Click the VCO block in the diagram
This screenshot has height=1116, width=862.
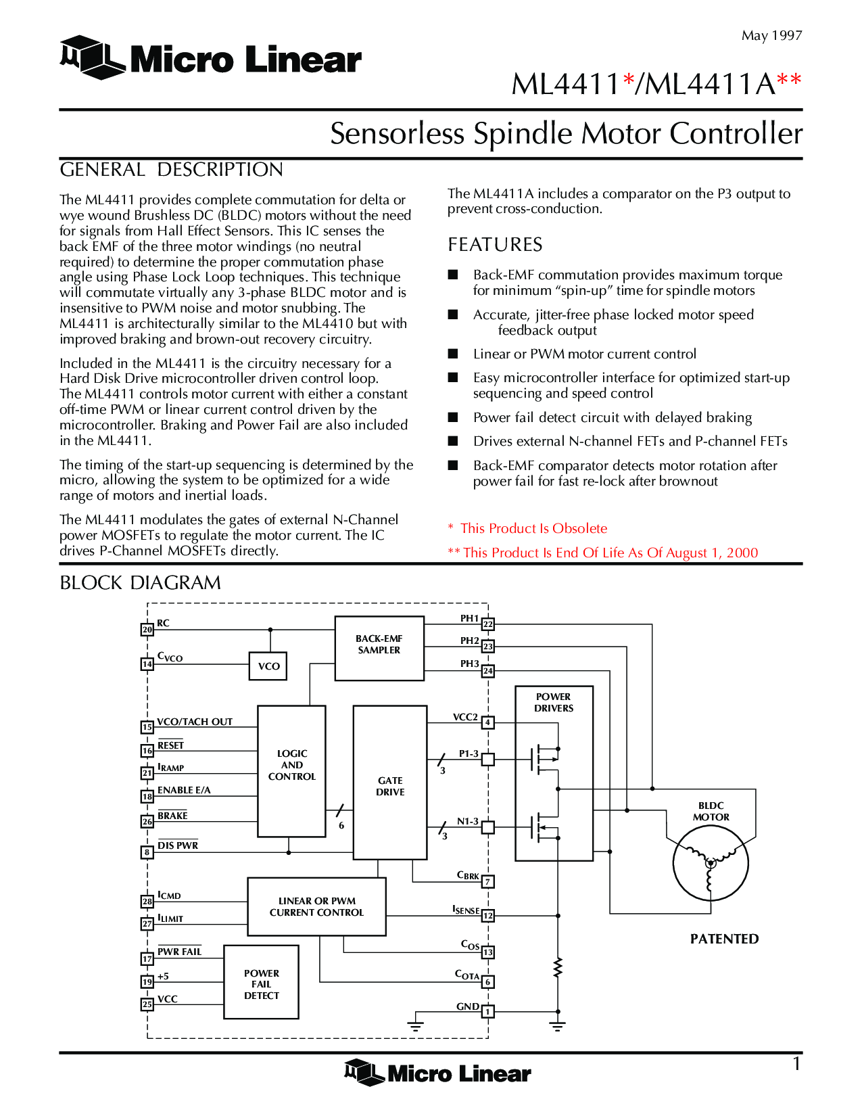pyautogui.click(x=268, y=666)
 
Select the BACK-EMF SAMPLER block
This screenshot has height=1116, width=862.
pyautogui.click(x=379, y=648)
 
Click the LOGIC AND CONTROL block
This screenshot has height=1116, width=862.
pyautogui.click(x=291, y=771)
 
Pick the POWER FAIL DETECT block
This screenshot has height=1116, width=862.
pyautogui.click(x=261, y=982)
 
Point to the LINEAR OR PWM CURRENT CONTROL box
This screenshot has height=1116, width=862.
pyautogui.click(x=316, y=906)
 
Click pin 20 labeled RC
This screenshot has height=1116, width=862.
pyautogui.click(x=147, y=630)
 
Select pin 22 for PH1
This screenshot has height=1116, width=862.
pyautogui.click(x=487, y=624)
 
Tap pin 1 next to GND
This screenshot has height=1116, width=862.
pyautogui.click(x=487, y=1012)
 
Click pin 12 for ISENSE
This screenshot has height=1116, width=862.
pyautogui.click(x=487, y=916)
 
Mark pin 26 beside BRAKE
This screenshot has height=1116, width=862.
pyautogui.click(x=147, y=822)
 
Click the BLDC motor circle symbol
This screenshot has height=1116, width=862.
pyautogui.click(x=711, y=864)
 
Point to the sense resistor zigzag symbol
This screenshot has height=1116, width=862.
pyautogui.click(x=558, y=968)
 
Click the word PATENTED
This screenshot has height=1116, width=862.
pyautogui.click(x=724, y=939)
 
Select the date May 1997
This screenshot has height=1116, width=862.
pyautogui.click(x=771, y=36)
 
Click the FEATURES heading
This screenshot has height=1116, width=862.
pyautogui.click(x=495, y=245)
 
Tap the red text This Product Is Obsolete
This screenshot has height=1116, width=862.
pyautogui.click(x=533, y=528)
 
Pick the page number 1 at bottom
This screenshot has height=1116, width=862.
pyautogui.click(x=797, y=1064)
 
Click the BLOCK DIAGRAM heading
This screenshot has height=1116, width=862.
pyautogui.click(x=140, y=583)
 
